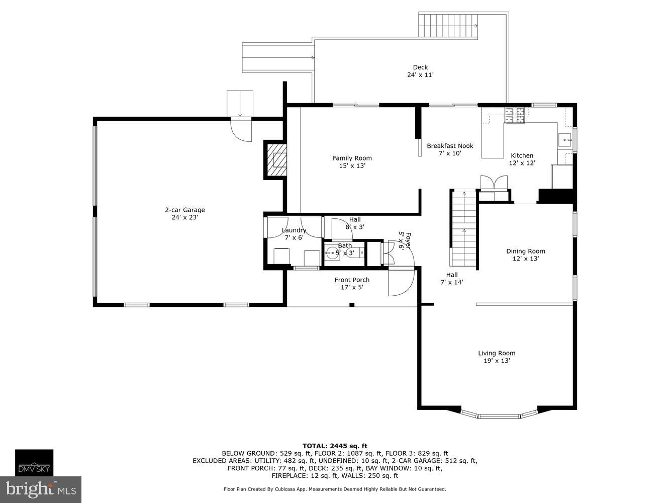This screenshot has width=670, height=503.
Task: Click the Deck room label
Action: coord(420,67)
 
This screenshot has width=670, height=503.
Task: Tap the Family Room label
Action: coord(352,158)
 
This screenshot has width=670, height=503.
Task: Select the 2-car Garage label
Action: coord(185,210)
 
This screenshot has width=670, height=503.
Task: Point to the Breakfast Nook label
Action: coord(450,146)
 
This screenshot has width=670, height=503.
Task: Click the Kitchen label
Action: coord(522,155)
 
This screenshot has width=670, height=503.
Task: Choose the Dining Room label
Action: coord(525,251)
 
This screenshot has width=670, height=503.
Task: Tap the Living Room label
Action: coord(497,353)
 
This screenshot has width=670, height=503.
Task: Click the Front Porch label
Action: coord(352,280)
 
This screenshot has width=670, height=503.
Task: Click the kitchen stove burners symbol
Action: coord(515,115)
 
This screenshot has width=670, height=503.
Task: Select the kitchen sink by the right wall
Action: coord(565,139)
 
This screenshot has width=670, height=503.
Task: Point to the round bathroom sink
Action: coord(331,253)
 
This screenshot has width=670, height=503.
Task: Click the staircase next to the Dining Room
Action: coord(463,229)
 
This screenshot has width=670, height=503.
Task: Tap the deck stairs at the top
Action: coord(448,26)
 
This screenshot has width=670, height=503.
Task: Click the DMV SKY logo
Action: coord(34,463)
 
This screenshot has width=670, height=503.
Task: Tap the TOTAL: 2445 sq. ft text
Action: coord(335,446)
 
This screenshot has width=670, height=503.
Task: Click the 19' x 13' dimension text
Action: coord(497,361)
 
